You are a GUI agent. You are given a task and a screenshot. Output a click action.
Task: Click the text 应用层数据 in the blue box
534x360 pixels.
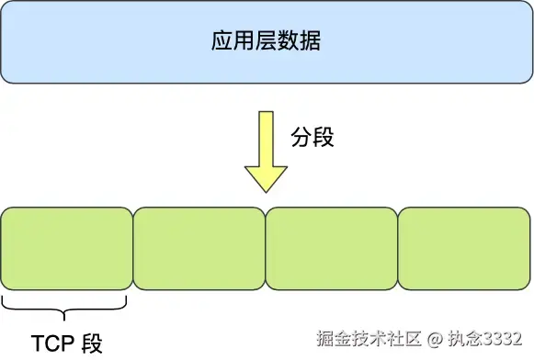267,42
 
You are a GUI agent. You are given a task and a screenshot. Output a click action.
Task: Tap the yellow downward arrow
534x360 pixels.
267,152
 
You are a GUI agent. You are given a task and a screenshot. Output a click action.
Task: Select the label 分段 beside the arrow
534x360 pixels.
312,138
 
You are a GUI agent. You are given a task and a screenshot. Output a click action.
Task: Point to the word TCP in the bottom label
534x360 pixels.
53,343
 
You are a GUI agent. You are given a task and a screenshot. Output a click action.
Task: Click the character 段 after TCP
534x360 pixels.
93,343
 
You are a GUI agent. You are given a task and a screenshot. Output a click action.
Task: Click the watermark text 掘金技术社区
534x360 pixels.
368,339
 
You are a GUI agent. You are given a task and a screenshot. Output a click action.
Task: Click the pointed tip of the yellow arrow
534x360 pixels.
267,189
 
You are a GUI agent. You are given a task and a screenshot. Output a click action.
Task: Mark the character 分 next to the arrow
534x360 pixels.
301,138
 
